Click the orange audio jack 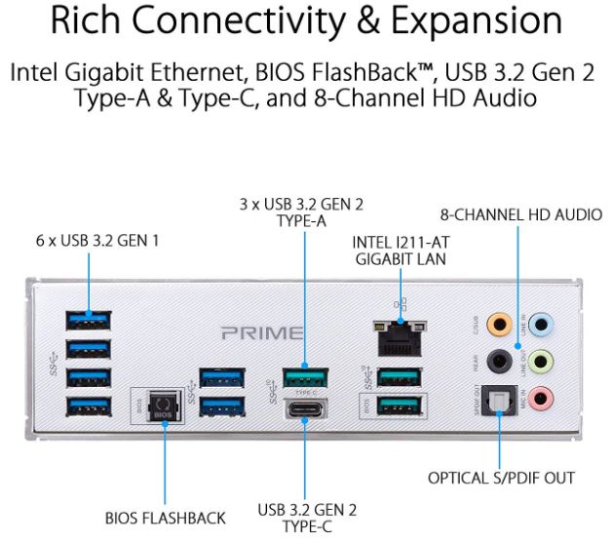[499, 324]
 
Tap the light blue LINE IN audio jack [546, 324]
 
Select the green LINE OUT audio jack [546, 361]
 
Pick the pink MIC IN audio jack [546, 398]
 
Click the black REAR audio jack [499, 361]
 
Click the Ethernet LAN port [398, 337]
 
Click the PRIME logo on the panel [262, 333]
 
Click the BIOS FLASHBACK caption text [165, 518]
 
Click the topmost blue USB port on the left [88, 320]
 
